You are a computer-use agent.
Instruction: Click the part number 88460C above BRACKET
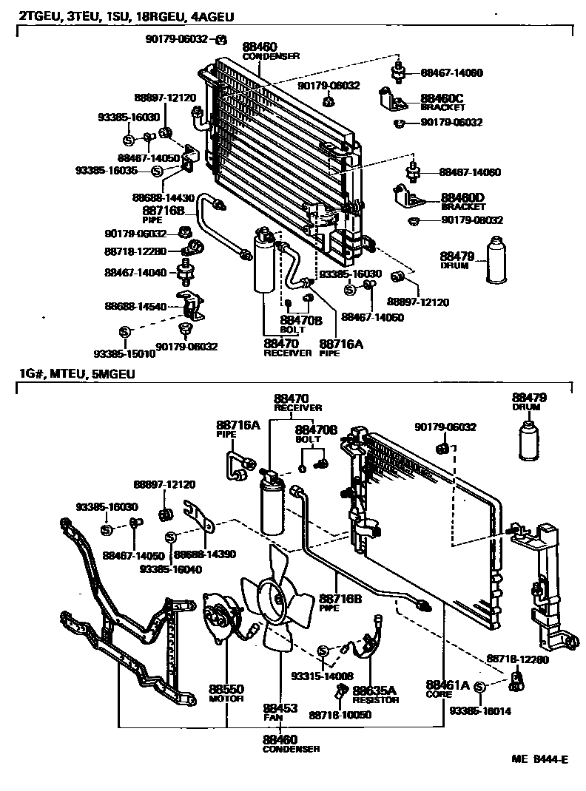tap(442, 98)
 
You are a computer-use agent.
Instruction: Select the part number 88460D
tap(462, 197)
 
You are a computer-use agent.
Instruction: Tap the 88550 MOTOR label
tap(226, 693)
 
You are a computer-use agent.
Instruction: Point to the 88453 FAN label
tap(280, 711)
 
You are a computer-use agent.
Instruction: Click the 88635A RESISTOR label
tap(375, 694)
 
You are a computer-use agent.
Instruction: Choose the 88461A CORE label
tap(447, 688)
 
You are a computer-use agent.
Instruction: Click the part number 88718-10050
tap(340, 715)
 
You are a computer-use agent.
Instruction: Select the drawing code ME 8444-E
tap(539, 759)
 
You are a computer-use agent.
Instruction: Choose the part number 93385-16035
tap(107, 170)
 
